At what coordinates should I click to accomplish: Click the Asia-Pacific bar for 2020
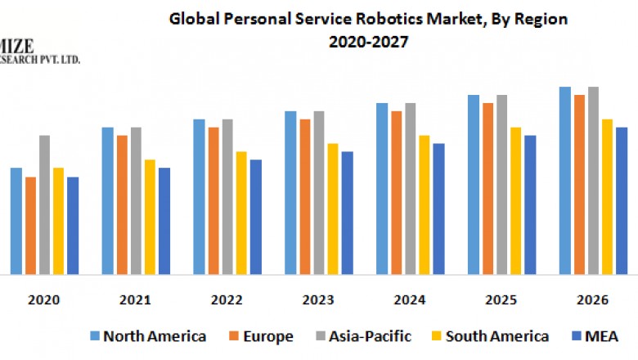pos(44,205)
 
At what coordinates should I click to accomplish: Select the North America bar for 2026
pos(564,180)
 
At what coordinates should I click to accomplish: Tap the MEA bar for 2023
pos(347,213)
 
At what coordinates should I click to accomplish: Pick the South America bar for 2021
pos(150,217)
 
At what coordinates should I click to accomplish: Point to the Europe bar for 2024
pos(396,192)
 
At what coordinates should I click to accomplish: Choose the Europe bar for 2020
pos(30,225)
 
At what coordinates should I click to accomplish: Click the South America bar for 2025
pos(515,200)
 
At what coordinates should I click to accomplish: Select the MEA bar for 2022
pos(256,217)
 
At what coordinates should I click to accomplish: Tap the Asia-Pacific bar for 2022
pos(227,196)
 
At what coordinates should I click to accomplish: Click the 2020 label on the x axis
pos(44,300)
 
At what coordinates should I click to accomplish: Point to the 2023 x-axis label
pos(318,300)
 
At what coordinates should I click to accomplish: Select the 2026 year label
pos(592,300)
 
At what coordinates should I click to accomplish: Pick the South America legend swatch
pos(438,336)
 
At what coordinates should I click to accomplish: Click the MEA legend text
pos(601,336)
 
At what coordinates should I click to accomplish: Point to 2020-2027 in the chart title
pos(368,40)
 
